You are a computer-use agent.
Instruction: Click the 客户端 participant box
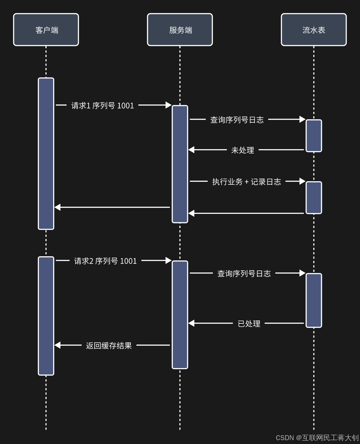pyautogui.click(x=46, y=30)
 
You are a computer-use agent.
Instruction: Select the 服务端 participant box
pyautogui.click(x=180, y=30)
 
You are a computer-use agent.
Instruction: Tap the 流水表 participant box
pyautogui.click(x=314, y=30)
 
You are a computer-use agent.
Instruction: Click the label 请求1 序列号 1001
pyautogui.click(x=102, y=106)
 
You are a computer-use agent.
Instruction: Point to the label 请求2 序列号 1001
pyautogui.click(x=105, y=261)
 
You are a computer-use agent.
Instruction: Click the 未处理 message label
pyautogui.click(x=243, y=150)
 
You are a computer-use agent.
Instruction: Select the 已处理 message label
pyautogui.click(x=249, y=324)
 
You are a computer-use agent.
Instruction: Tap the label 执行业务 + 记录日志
pyautogui.click(x=247, y=182)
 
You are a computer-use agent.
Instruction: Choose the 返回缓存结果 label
pyautogui.click(x=109, y=346)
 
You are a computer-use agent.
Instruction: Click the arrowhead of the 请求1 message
pyautogui.click(x=169, y=105)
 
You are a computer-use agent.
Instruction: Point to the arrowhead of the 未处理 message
pyautogui.click(x=192, y=150)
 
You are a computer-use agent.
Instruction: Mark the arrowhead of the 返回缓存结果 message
pyautogui.click(x=58, y=345)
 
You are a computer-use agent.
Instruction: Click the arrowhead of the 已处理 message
pyautogui.click(x=192, y=323)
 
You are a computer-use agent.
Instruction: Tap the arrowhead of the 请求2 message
pyautogui.click(x=169, y=260)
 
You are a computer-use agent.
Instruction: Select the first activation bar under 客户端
pyautogui.click(x=46, y=153)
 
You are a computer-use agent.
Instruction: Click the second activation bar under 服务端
pyautogui.click(x=180, y=315)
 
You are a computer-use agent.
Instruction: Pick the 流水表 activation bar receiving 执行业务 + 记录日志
pyautogui.click(x=314, y=197)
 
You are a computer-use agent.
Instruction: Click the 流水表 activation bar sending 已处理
pyautogui.click(x=314, y=300)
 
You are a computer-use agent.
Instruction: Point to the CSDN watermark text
pyautogui.click(x=317, y=438)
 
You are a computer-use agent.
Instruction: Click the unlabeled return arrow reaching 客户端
pyautogui.click(x=112, y=207)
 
